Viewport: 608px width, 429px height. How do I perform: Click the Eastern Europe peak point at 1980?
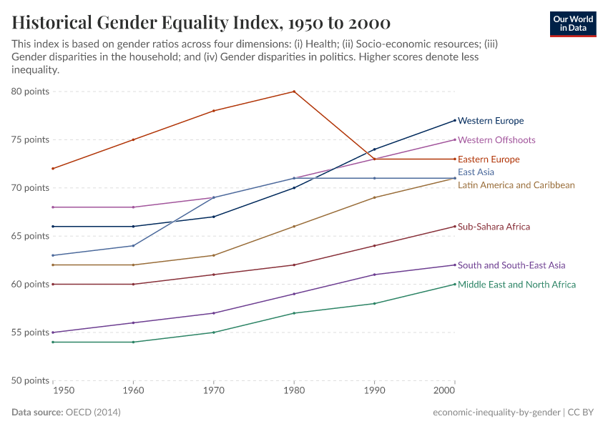294,92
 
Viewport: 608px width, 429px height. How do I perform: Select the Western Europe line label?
491,121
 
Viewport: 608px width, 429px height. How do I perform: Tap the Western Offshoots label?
496,140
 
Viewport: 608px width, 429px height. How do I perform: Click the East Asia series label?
476,172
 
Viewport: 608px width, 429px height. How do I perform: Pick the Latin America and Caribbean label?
516,185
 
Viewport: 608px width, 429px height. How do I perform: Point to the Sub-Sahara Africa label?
494,227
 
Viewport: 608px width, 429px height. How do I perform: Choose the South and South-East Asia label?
511,265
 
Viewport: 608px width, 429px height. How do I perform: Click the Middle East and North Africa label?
516,285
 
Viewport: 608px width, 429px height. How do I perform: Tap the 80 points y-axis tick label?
29,92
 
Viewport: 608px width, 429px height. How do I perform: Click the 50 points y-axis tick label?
29,380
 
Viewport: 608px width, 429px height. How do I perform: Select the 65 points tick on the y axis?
29,236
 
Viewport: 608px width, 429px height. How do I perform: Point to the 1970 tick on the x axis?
213,391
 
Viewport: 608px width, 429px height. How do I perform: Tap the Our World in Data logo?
572,24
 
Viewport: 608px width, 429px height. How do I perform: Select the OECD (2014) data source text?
93,413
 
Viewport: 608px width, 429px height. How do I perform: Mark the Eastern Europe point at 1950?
53,169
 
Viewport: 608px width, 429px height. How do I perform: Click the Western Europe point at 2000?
455,120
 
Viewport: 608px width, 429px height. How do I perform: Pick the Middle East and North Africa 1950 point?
53,342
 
